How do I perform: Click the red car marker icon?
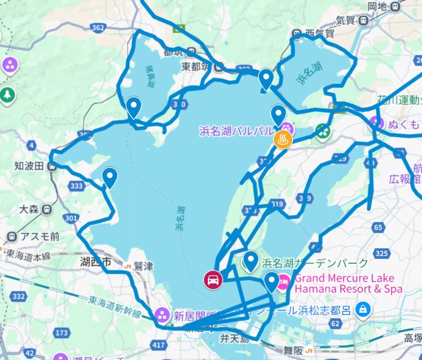pyautogui.click(x=212, y=280)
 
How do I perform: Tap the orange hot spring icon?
pyautogui.click(x=283, y=140)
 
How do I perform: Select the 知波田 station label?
pyautogui.click(x=29, y=166)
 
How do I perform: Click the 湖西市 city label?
pyautogui.click(x=95, y=262)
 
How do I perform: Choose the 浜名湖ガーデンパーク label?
pyautogui.click(x=315, y=263)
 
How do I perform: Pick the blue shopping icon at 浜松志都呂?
pyautogui.click(x=363, y=307)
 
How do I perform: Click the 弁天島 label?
pyautogui.click(x=236, y=339)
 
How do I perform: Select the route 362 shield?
pyautogui.click(x=97, y=28)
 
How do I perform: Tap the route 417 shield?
pyautogui.click(x=158, y=346)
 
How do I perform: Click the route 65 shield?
pyautogui.click(x=378, y=228)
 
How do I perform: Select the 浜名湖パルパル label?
pyautogui.click(x=237, y=131)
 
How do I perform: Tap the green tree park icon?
pyautogui.click(x=7, y=95)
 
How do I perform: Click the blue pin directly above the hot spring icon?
pyautogui.click(x=279, y=115)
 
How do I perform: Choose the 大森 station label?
pyautogui.click(x=29, y=209)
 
